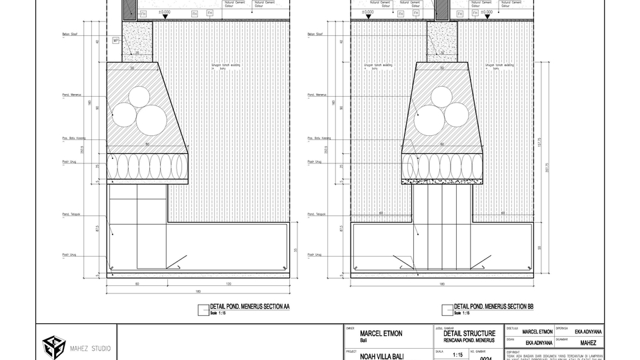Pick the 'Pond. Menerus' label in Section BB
pos(316,95)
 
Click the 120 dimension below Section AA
pos(229,284)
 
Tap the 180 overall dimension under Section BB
pos(441,284)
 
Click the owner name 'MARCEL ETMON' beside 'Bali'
pos(381,333)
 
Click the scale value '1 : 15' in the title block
pos(457,355)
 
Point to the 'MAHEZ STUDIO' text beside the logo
pos(91,348)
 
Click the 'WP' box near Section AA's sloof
pos(115,40)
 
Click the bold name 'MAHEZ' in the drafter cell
pos(588,343)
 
